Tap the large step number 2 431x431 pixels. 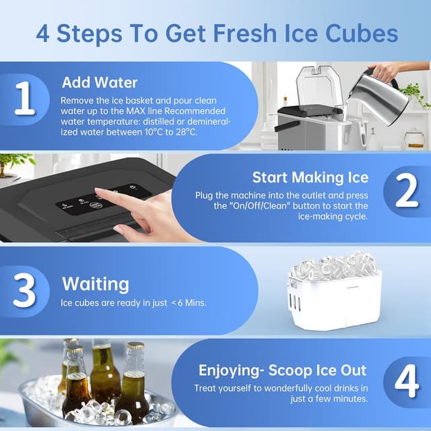(x=406, y=192)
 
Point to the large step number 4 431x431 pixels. (x=406, y=382)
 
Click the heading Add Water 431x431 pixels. (x=100, y=83)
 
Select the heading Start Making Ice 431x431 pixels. (x=310, y=177)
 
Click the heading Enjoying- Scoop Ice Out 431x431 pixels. (x=282, y=370)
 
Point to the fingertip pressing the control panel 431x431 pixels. (x=98, y=193)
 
